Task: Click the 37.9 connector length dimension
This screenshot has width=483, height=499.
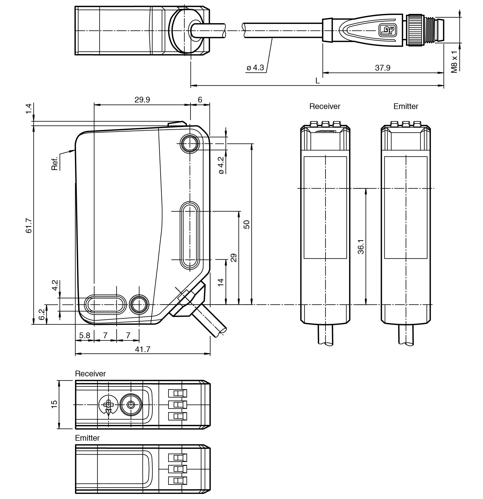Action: pos(382,68)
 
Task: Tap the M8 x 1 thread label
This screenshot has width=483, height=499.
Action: pos(454,62)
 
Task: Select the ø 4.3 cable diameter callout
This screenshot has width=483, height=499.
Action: pos(255,68)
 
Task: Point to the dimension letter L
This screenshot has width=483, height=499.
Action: pos(317,81)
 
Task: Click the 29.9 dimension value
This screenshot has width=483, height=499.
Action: pos(142,100)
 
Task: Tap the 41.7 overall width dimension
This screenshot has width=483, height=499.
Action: pos(143,349)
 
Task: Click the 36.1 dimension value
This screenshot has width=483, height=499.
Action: pos(361,247)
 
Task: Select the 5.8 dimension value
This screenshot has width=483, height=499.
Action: pos(84,335)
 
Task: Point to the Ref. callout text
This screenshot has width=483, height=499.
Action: pos(55,163)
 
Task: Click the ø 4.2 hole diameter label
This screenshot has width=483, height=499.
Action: pos(221,165)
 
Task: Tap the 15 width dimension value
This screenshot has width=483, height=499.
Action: pos(54,404)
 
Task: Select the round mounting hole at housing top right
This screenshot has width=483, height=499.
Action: pos(190,143)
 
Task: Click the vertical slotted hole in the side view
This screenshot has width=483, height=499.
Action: pos(190,235)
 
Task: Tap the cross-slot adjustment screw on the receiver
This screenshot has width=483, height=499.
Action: pos(108,404)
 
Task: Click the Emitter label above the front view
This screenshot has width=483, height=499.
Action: pos(406,106)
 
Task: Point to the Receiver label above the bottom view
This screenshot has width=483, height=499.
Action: pos(90,374)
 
